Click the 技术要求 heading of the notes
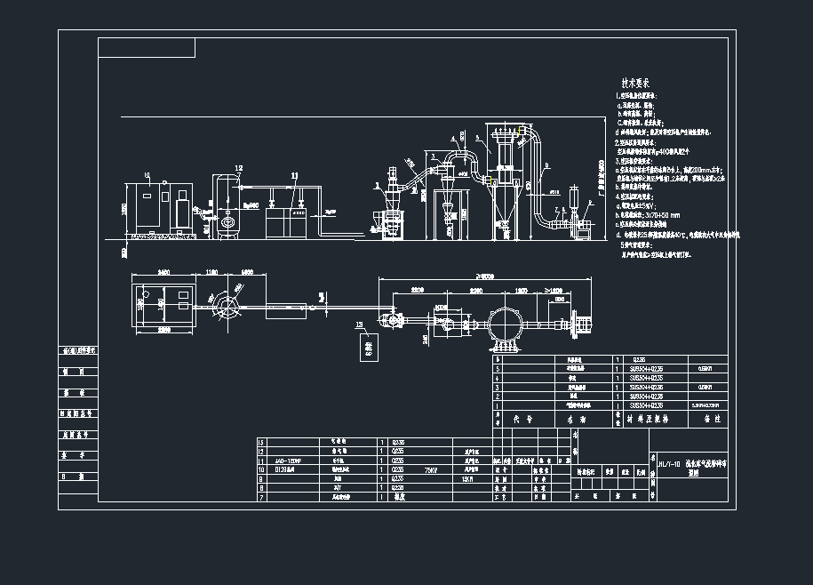coord(636,81)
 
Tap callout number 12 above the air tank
coord(238,167)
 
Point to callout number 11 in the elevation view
coord(294,177)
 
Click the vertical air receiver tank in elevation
coord(228,207)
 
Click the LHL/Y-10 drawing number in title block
coord(667,463)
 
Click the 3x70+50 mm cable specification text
coord(654,214)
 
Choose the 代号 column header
coord(527,417)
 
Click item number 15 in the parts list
coord(261,442)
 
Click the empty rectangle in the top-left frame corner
coord(147,48)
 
